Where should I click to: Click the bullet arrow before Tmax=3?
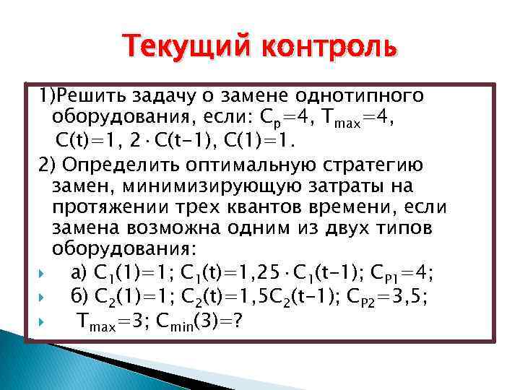[x=43, y=320]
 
